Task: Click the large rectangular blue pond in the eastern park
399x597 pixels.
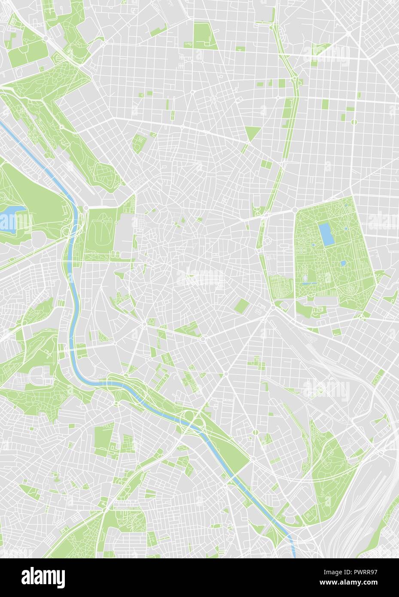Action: [x=328, y=235]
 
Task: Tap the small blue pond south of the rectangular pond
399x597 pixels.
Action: [x=343, y=263]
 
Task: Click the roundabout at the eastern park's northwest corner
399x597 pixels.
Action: [x=295, y=210]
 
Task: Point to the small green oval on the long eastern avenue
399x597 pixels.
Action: [x=354, y=122]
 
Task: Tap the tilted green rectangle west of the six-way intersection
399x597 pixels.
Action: [x=242, y=306]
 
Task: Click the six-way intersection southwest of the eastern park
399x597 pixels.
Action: [x=272, y=308]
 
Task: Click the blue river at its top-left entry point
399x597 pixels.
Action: [x=3, y=125]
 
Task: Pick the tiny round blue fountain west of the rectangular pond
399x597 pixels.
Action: [x=313, y=245]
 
